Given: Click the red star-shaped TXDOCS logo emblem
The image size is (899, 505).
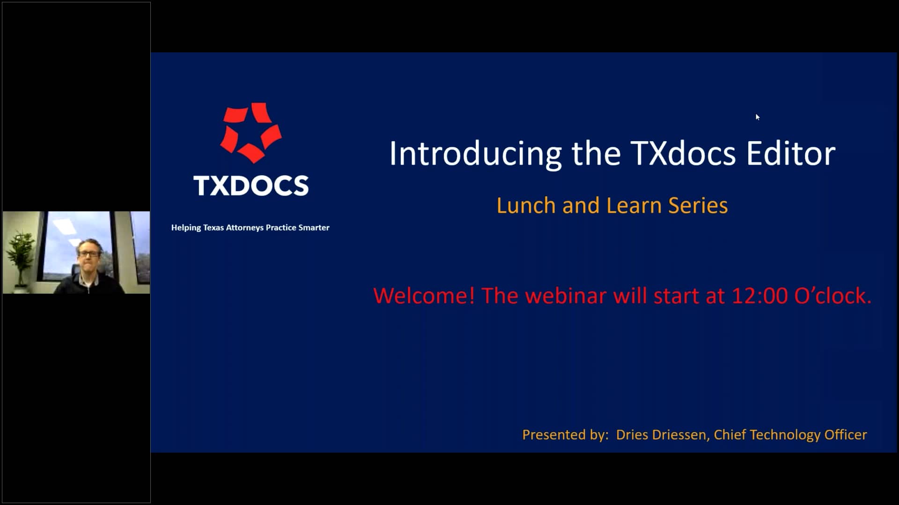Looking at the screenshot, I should (251, 132).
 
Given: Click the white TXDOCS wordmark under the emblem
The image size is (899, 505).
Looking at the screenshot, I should (251, 186).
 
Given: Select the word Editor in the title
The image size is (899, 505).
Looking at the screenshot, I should (790, 153).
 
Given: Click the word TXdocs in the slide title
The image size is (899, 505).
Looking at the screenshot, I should (683, 153).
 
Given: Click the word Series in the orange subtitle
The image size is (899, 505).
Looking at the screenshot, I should (698, 206).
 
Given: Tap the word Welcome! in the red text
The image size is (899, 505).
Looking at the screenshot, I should (424, 296).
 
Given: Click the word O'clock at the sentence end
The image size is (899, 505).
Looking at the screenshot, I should (833, 296).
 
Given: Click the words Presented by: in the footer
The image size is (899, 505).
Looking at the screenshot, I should (565, 435).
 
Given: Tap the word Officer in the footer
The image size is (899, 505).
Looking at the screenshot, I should (845, 435).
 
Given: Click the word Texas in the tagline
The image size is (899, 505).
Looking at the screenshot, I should (213, 228).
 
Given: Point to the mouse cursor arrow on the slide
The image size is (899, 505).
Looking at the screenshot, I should (757, 117).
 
